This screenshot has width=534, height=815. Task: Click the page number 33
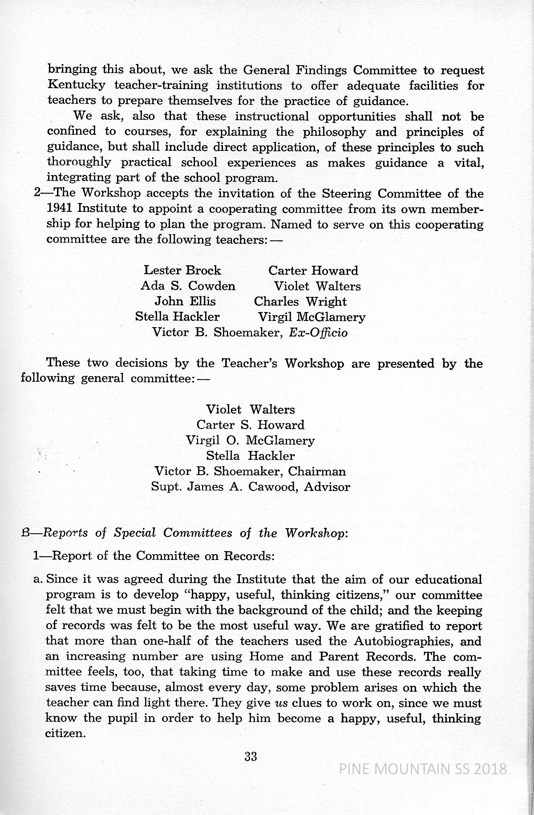tap(251, 756)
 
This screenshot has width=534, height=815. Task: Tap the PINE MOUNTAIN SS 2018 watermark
tap(423, 769)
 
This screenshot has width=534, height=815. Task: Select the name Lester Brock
tap(182, 271)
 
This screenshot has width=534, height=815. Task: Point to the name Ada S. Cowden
tap(188, 286)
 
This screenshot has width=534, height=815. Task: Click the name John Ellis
tap(185, 301)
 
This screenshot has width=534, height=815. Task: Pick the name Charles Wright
tap(300, 301)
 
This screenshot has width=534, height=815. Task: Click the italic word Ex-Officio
tap(318, 332)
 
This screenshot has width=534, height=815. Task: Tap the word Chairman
tap(317, 471)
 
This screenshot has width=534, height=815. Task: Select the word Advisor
tap(327, 487)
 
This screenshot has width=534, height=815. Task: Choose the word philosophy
tap(334, 132)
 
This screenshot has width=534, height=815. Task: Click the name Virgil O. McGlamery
tap(250, 441)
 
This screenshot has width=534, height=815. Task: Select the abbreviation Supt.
tap(165, 487)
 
